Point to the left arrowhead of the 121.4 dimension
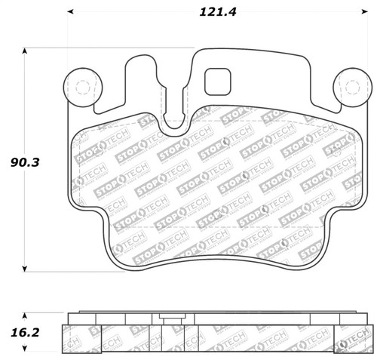click(x=70, y=12)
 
